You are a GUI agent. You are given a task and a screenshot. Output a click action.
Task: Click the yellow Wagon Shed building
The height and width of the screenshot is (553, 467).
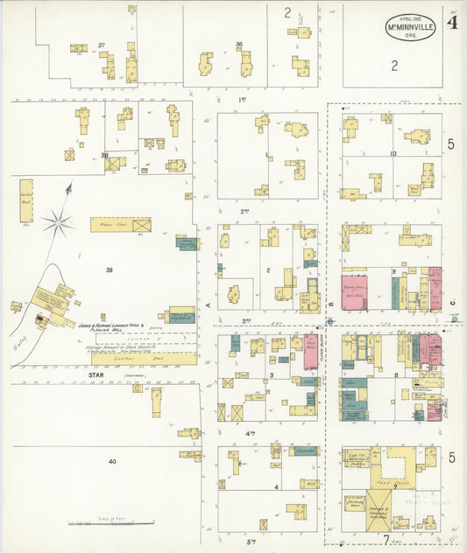tap(120, 225)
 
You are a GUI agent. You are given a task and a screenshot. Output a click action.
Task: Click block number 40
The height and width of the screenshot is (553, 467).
tap(111, 461)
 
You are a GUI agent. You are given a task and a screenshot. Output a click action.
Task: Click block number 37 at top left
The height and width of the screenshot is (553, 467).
tap(102, 45)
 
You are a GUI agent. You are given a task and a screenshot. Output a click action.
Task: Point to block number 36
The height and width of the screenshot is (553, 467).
tap(238, 44)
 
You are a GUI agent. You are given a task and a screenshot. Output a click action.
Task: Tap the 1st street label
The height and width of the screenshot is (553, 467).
tap(243, 100)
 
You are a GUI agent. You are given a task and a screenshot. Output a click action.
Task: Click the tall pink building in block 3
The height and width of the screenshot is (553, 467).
tap(310, 351)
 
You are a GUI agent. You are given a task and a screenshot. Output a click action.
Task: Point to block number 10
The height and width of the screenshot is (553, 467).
tap(393, 154)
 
